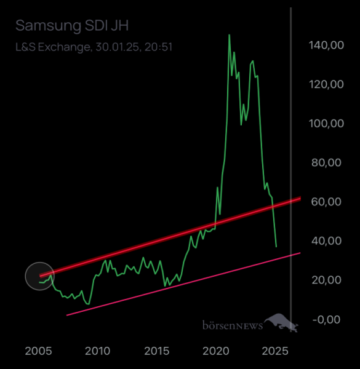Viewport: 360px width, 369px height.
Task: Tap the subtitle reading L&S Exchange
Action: [52, 46]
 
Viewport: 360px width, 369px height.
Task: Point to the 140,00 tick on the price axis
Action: [326, 45]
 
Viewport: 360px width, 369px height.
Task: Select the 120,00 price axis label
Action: [326, 84]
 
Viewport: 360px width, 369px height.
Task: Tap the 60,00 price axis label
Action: [326, 202]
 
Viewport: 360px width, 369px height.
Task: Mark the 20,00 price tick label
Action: [326, 280]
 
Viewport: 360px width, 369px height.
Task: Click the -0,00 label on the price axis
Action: [326, 319]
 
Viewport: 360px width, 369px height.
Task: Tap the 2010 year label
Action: [97, 351]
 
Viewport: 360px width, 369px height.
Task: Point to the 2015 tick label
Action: [157, 351]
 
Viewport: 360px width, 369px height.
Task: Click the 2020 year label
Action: [216, 351]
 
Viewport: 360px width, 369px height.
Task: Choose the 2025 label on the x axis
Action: [275, 351]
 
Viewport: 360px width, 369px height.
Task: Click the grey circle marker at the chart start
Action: [39, 276]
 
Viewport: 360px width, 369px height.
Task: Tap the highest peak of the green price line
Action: [229, 35]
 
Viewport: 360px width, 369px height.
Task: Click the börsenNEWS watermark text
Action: [233, 325]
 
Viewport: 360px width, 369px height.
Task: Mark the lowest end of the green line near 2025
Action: [276, 247]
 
